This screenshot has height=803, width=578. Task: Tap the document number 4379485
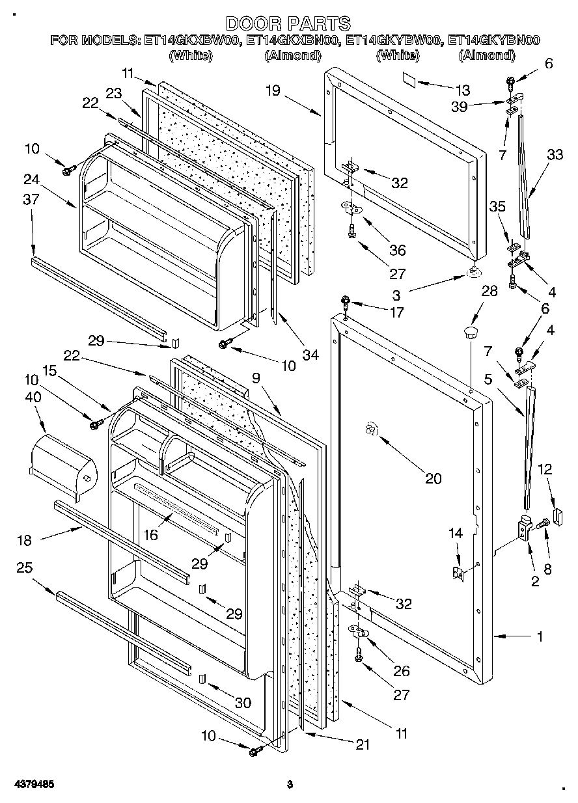(x=32, y=785)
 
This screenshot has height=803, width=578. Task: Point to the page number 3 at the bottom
(x=290, y=785)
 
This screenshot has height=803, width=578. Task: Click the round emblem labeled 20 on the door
(x=370, y=429)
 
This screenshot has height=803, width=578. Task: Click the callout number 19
(x=273, y=90)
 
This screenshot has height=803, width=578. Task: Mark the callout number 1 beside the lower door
(x=539, y=637)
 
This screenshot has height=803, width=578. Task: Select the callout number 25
(x=25, y=568)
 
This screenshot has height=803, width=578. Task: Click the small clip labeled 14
(x=458, y=573)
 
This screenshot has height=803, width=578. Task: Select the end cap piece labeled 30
(x=202, y=680)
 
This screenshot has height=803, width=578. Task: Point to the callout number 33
(x=555, y=156)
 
